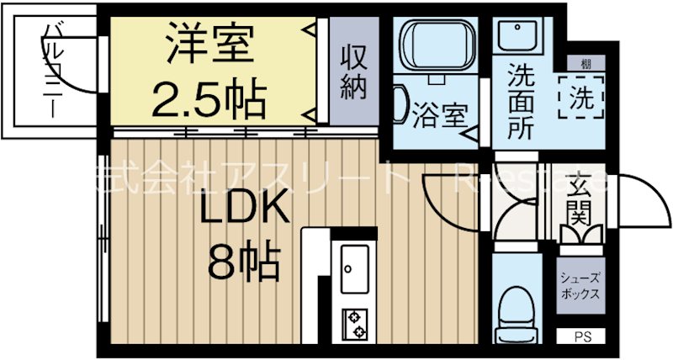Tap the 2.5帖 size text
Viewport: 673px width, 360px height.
tap(208, 98)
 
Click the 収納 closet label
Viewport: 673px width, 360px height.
tap(354, 71)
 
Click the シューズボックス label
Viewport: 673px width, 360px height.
tap(581, 288)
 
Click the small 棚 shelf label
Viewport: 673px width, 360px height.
tap(583, 64)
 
